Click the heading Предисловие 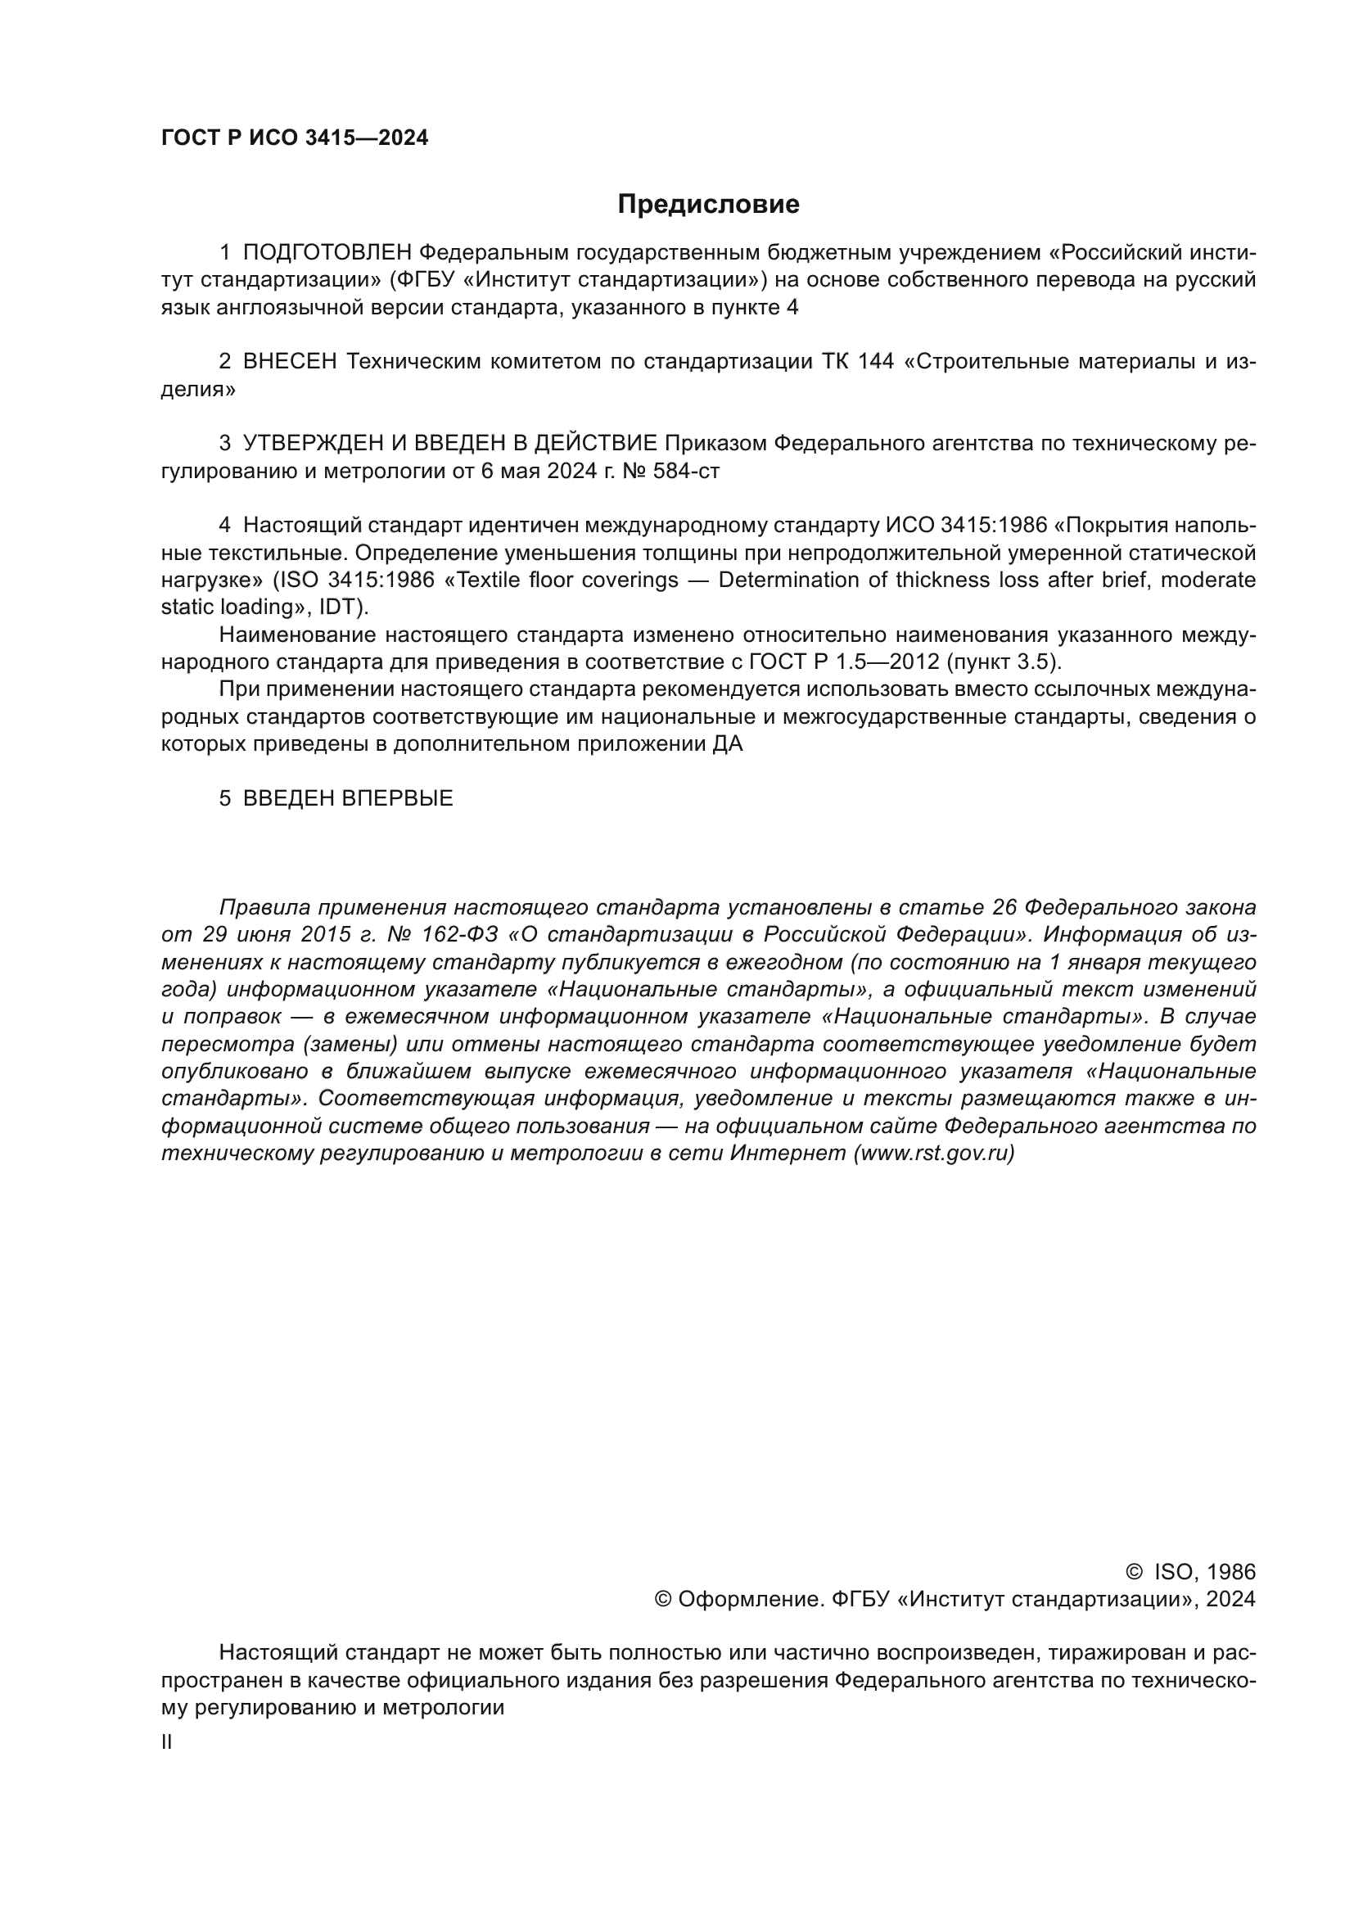[x=708, y=205]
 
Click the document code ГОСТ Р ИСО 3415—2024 [x=295, y=138]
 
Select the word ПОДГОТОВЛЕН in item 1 [x=327, y=253]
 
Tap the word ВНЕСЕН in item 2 [x=290, y=362]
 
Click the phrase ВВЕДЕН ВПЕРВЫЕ [x=348, y=798]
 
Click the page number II [x=167, y=1742]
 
